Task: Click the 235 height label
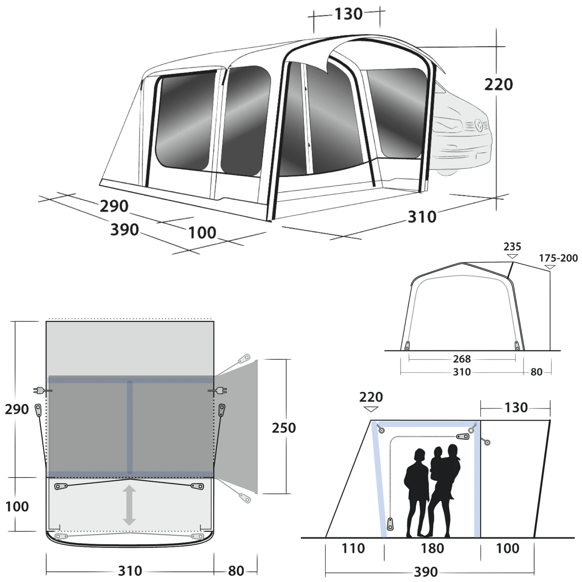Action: (x=512, y=247)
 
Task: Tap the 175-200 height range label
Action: (x=558, y=258)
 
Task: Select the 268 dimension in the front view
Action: (x=462, y=359)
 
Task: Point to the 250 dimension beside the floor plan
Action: (x=284, y=428)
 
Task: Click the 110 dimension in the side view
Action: (x=353, y=548)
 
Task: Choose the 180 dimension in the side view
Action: (x=432, y=548)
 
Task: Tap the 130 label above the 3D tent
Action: (x=348, y=14)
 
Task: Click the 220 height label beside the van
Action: (x=498, y=84)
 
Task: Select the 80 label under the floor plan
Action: (x=236, y=571)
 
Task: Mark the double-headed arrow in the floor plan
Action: (x=129, y=505)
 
